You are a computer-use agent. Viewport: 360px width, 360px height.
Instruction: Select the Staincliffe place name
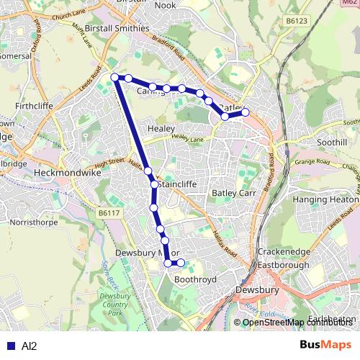coord(176,184)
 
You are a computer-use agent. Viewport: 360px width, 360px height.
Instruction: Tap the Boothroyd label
coord(196,279)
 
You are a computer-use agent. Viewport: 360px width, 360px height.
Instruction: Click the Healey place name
coord(161,128)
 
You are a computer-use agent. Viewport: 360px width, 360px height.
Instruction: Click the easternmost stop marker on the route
coord(245,112)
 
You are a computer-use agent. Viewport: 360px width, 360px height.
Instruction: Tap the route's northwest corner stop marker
coord(114,77)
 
